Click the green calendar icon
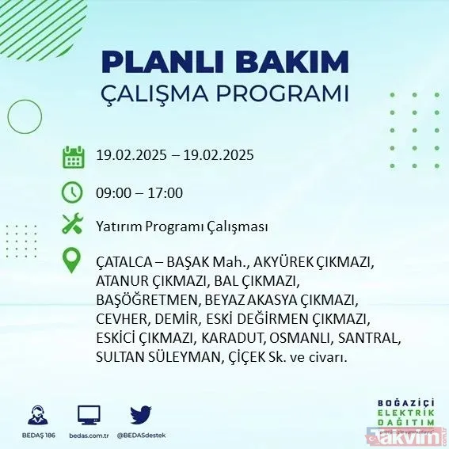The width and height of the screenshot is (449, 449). pos(73,156)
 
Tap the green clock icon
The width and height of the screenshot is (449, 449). pos(73,192)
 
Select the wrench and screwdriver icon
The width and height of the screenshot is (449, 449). pos(73,224)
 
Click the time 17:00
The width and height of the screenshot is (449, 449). pos(166,193)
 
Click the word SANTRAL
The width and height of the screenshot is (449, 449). pos(374,338)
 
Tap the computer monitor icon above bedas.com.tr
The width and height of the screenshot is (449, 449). pos(89,414)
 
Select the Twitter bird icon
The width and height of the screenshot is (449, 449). pos(139,413)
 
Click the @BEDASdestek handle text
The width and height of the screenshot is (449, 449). pos(140,435)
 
